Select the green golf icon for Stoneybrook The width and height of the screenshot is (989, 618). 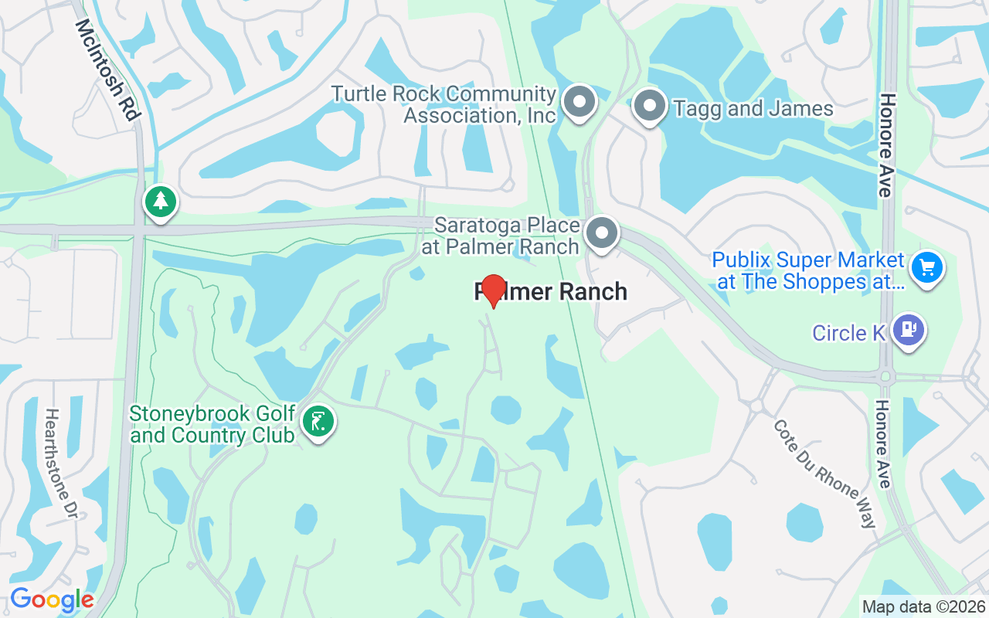pyautogui.click(x=318, y=422)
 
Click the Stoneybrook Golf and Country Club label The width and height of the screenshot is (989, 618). pyautogui.click(x=212, y=424)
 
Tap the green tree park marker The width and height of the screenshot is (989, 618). pyautogui.click(x=161, y=202)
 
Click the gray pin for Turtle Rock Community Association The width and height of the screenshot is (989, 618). pyautogui.click(x=579, y=103)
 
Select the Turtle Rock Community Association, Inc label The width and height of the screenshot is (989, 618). pyautogui.click(x=444, y=105)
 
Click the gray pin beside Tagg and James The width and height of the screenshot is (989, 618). pyautogui.click(x=649, y=105)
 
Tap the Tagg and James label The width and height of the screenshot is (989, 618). pyautogui.click(x=753, y=109)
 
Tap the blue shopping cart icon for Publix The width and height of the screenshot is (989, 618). pyautogui.click(x=927, y=269)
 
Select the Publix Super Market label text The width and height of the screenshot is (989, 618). pyautogui.click(x=808, y=271)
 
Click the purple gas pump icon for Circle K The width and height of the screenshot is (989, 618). pyautogui.click(x=908, y=330)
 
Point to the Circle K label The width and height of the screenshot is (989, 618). pyautogui.click(x=848, y=333)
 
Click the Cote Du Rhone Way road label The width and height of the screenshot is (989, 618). pyautogui.click(x=826, y=474)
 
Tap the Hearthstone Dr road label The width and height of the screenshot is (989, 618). pyautogui.click(x=63, y=463)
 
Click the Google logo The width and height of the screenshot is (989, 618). pyautogui.click(x=52, y=599)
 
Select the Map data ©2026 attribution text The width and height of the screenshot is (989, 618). pyautogui.click(x=923, y=606)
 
